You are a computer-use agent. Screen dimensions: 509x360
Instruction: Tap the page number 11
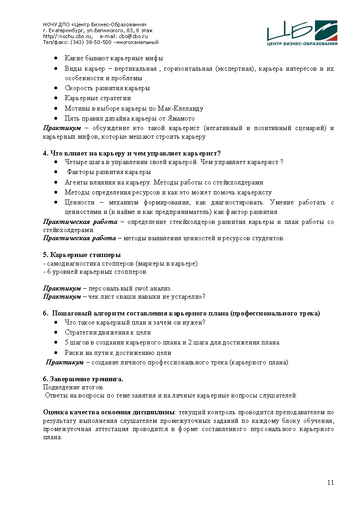[331, 483]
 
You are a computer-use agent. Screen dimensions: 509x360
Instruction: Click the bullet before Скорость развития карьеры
[55, 88]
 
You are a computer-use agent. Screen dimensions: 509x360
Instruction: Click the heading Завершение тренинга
[86, 378]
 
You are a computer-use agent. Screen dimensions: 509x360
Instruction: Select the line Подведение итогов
[73, 387]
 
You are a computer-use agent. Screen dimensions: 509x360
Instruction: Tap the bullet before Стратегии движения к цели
[55, 333]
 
